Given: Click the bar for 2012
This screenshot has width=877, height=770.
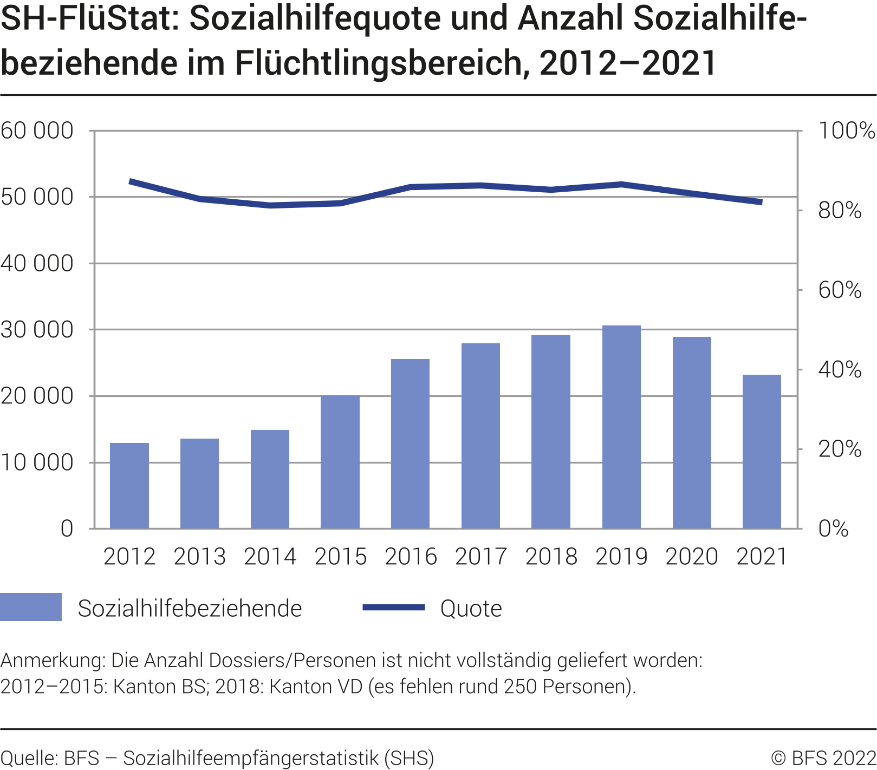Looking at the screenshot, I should [x=129, y=486].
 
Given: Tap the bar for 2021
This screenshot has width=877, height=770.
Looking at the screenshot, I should [x=762, y=452].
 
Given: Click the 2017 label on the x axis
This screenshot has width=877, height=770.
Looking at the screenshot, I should [x=481, y=557].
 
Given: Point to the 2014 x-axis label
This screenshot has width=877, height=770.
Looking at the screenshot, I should [x=270, y=557].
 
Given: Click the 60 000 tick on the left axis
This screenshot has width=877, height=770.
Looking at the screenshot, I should [x=37, y=131].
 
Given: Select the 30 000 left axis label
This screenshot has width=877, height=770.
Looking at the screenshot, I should [x=37, y=330].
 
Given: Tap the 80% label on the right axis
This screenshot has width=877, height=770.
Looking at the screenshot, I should [x=840, y=211].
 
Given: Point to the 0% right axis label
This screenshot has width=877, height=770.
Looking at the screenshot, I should [x=833, y=528].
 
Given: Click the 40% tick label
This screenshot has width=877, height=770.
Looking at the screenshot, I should [x=840, y=370].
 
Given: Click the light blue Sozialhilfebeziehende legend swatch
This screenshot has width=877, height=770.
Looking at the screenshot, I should [x=31, y=607].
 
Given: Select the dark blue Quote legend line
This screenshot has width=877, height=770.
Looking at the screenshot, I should [x=394, y=608].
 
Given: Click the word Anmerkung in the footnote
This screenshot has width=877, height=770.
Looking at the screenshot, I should [x=52, y=661].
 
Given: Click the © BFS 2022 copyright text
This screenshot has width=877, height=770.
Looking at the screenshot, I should [x=823, y=758].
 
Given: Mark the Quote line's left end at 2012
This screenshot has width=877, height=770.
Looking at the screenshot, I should [x=130, y=181].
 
